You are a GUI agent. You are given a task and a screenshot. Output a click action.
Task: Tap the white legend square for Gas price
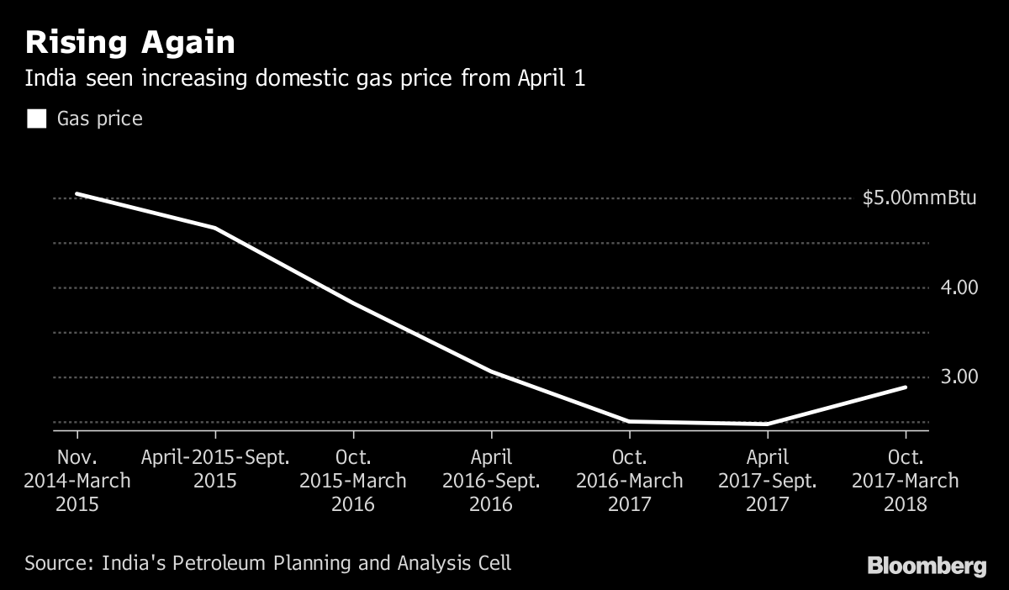pos(36,119)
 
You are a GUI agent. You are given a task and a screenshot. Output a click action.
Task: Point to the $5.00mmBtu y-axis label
pos(919,199)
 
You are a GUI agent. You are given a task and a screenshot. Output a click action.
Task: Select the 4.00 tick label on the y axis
pos(960,287)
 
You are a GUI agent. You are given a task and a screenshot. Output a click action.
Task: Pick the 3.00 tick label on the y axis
pos(960,377)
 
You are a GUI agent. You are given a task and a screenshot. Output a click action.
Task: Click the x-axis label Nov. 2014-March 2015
pos(77,481)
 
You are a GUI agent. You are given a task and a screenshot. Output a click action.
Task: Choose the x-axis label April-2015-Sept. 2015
pos(216,469)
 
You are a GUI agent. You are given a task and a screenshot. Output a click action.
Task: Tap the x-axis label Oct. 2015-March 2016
pos(354,481)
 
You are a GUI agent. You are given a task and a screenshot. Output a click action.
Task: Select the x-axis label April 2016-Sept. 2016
pos(492,481)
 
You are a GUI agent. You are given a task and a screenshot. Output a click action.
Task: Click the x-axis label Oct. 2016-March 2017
pos(630,481)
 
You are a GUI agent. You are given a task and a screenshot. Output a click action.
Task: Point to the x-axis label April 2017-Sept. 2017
pos(768,481)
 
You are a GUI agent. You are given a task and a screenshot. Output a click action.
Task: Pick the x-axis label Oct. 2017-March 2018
pos(906,481)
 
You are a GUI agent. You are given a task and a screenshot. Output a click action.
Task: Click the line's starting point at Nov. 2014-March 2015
pos(77,194)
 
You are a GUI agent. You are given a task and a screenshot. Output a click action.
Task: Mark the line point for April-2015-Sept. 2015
pos(216,228)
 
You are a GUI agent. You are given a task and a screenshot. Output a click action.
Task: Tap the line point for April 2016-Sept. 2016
pos(492,371)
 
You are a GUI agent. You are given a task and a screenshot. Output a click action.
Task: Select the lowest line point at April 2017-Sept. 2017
pos(768,424)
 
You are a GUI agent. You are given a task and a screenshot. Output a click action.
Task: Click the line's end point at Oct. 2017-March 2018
pos(906,387)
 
